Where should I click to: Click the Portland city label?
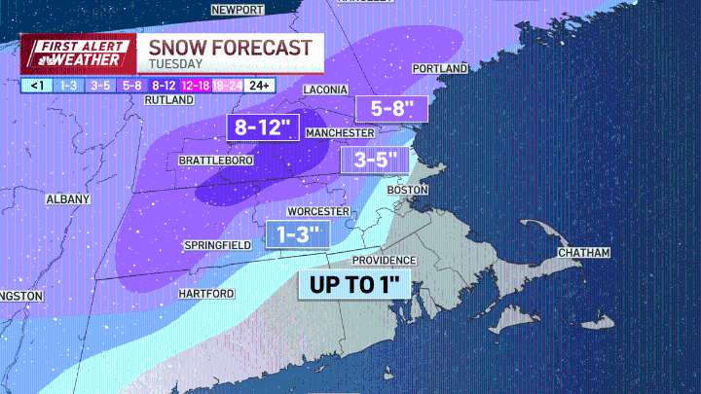(x=440, y=69)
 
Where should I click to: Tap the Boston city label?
(x=408, y=190)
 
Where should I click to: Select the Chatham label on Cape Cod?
(x=583, y=253)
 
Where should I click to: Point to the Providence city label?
(x=385, y=261)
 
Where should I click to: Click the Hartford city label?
(x=205, y=293)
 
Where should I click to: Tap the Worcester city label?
(x=318, y=211)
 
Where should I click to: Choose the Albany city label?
(x=68, y=198)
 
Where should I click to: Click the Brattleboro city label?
(x=210, y=161)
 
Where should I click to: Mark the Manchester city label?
(x=340, y=132)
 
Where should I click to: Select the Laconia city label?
(x=325, y=90)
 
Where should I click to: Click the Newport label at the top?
(x=238, y=9)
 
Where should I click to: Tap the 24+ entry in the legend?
(x=260, y=85)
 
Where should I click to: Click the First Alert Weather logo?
(x=77, y=54)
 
